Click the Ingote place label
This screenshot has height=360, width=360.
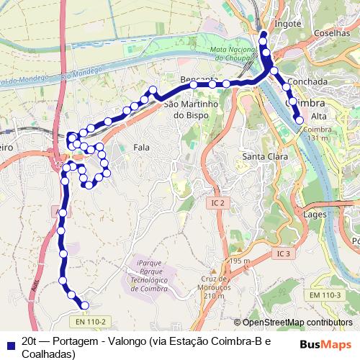pos(287,23)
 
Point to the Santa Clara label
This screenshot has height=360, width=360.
pos(265,156)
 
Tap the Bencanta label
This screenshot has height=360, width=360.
pos(199,78)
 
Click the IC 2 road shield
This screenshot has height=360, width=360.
pos(217,204)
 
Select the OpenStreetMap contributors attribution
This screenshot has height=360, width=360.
pos(293,323)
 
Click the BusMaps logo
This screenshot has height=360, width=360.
pos(325,344)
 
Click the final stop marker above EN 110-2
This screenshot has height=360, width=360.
pos(84,305)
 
